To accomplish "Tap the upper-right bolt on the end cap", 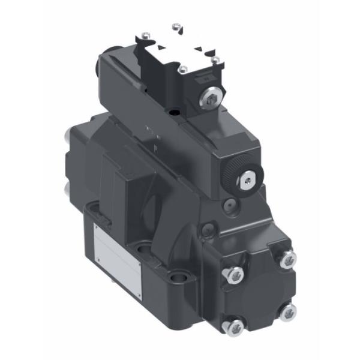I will (x=289, y=258).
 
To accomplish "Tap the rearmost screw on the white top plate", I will (x=176, y=26).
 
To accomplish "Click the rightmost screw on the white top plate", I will (x=215, y=59).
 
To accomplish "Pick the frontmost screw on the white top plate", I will (x=182, y=70).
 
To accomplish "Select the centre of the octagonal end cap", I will (x=260, y=292).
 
